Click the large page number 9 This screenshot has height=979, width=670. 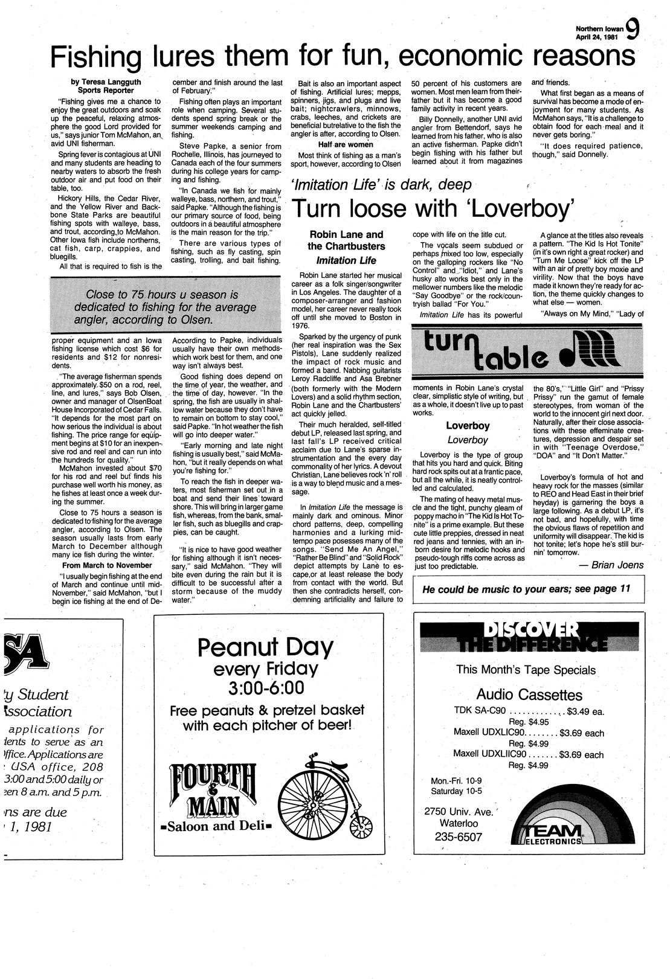click(x=633, y=28)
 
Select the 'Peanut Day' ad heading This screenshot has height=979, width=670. click(x=265, y=648)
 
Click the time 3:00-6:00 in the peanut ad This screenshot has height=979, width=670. click(x=266, y=689)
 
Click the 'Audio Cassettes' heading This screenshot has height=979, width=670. click(x=529, y=694)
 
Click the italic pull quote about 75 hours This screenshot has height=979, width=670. click(x=159, y=307)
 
